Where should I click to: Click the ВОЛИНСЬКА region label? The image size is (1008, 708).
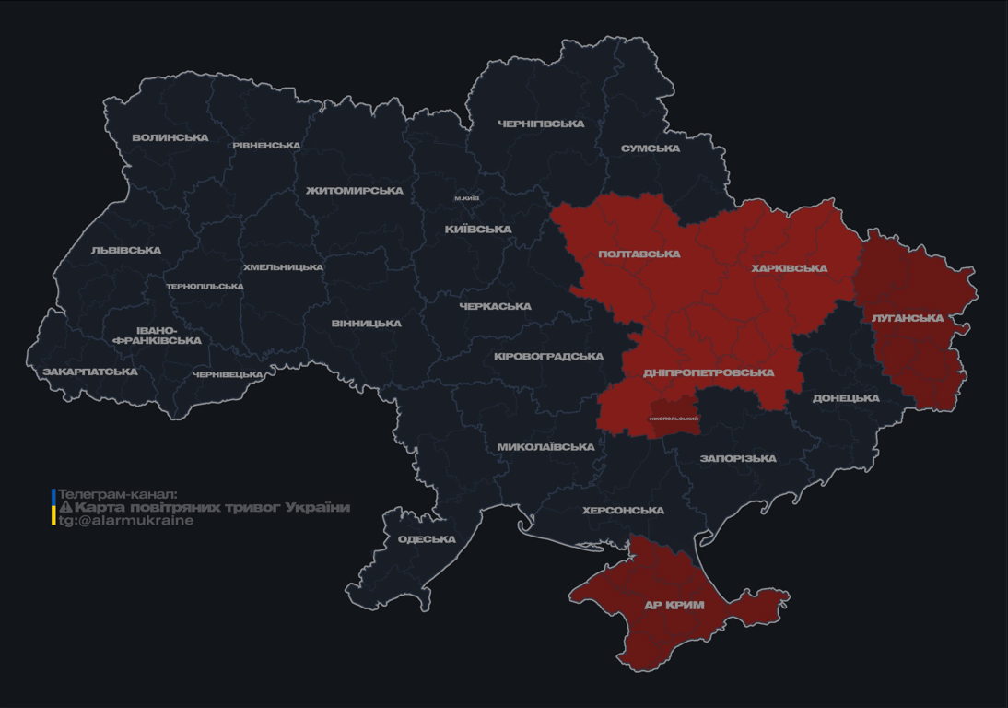click(x=170, y=138)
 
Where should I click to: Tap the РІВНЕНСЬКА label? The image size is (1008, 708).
click(x=266, y=146)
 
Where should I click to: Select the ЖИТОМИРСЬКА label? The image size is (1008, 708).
click(x=355, y=191)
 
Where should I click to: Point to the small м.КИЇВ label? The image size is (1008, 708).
click(x=467, y=198)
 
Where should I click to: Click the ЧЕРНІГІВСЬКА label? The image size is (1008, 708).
click(x=541, y=124)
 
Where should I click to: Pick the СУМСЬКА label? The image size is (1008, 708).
click(x=651, y=148)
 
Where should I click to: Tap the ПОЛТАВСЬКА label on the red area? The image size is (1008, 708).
click(x=639, y=254)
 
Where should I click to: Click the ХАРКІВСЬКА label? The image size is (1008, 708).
click(x=790, y=268)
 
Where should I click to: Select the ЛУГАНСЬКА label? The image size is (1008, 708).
click(x=908, y=318)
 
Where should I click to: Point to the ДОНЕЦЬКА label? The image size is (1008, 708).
click(x=846, y=398)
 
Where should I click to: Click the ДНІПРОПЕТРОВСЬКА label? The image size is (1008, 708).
click(x=709, y=372)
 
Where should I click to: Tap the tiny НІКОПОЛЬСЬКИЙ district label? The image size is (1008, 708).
click(x=674, y=419)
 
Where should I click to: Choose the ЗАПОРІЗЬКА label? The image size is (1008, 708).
click(x=738, y=458)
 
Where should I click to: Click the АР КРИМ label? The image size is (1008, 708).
click(x=674, y=606)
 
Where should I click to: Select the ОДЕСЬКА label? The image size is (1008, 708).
click(x=427, y=539)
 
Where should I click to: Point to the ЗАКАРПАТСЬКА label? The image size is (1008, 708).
click(x=90, y=372)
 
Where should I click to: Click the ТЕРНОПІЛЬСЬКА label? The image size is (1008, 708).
click(x=205, y=286)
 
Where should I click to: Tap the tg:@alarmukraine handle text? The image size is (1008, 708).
click(x=126, y=520)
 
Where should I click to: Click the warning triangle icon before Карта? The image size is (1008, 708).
click(x=65, y=507)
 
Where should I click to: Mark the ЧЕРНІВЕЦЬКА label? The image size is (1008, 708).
click(x=228, y=374)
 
